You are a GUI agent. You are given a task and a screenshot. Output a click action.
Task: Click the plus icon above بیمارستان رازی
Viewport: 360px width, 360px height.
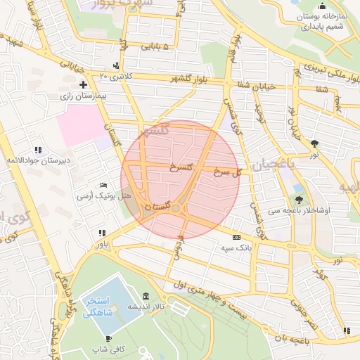(x=84, y=84)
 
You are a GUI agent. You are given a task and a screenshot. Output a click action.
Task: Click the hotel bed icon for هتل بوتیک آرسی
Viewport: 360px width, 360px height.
(x=104, y=184)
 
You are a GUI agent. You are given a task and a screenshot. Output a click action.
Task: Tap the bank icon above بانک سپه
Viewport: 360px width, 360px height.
(x=236, y=237)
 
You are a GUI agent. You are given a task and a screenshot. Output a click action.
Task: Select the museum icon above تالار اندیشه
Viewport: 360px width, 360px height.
(x=146, y=295)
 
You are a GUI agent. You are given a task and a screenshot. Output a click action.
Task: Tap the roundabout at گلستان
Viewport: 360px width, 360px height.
(x=175, y=207)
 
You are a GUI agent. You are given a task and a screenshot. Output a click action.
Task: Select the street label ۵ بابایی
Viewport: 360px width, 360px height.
(x=155, y=47)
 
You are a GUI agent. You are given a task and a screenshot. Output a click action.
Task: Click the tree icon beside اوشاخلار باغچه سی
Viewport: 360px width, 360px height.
(x=299, y=199)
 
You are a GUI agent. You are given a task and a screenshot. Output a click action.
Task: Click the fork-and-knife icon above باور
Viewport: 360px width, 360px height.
(x=103, y=233)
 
